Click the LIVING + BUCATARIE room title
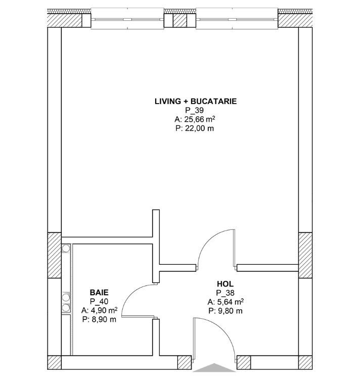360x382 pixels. point(196,101)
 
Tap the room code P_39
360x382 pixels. point(194,110)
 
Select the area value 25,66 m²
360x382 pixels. point(195,119)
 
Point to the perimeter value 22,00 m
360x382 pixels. point(195,128)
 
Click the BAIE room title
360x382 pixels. point(99,292)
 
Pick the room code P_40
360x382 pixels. point(99,301)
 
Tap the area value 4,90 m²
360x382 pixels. point(100,310)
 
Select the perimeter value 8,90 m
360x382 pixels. point(99,319)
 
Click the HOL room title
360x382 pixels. point(225,284)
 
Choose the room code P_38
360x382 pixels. point(225,293)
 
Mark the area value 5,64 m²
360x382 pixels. point(226,302)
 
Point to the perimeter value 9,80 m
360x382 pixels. point(226,311)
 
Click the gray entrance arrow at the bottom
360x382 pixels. point(214,368)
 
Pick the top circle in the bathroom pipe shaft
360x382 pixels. point(66,248)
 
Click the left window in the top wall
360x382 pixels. point(127,19)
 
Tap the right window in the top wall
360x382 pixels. point(237,19)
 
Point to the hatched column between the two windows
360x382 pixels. point(180,20)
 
